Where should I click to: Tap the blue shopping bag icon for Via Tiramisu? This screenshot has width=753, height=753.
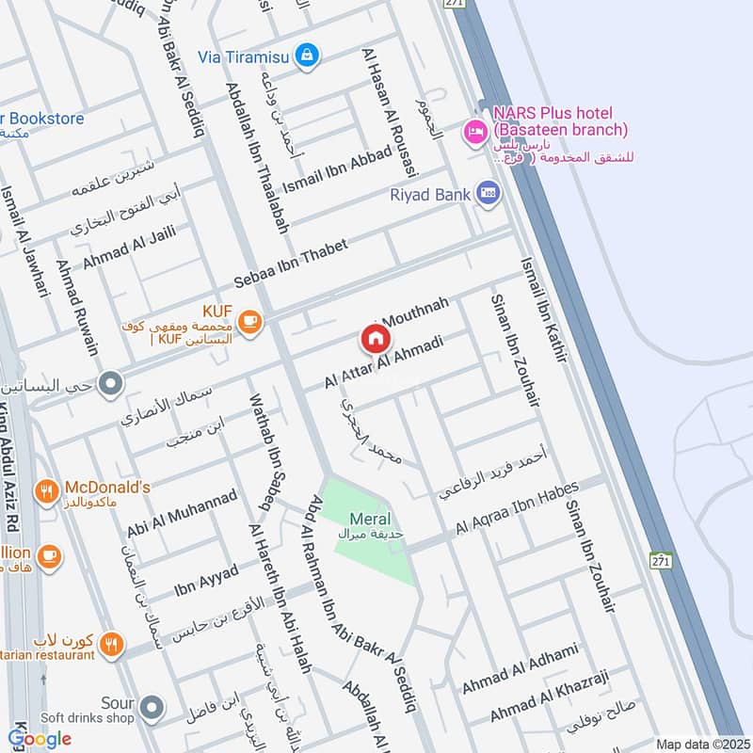(306, 56)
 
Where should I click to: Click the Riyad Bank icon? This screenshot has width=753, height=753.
(488, 194)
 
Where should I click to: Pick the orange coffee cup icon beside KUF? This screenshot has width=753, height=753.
(248, 322)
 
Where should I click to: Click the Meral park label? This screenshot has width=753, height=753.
(370, 520)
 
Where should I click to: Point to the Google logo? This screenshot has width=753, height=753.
(40, 739)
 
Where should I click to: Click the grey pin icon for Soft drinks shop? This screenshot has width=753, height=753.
(152, 705)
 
